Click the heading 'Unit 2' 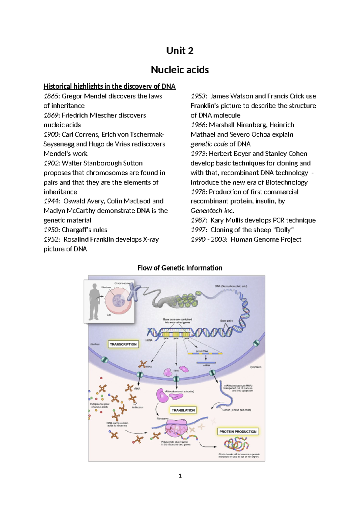(x=180, y=51)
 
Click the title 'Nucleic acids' (x=180, y=70)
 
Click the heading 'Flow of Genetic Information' (x=180, y=268)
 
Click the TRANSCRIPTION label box (x=123, y=344)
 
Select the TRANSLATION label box (x=183, y=410)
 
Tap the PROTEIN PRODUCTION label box (x=238, y=432)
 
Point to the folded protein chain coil (x=236, y=444)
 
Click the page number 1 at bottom (x=180, y=476)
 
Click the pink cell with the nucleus (x=118, y=300)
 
